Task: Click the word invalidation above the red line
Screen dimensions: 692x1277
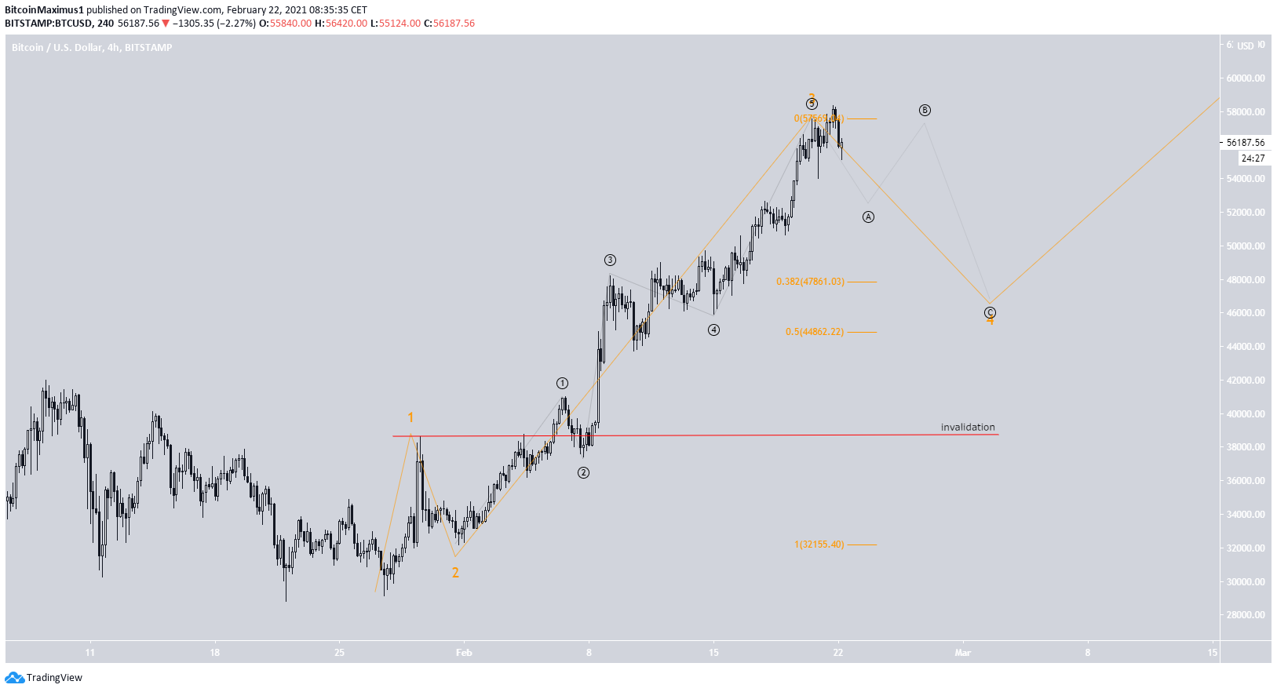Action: [967, 428]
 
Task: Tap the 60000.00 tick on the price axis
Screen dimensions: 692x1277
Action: [1246, 78]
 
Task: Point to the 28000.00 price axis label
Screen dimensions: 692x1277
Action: [1246, 615]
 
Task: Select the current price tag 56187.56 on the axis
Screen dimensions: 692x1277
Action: [1246, 143]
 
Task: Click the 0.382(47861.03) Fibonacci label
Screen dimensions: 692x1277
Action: [810, 282]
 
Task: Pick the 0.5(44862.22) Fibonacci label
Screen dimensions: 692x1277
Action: [814, 332]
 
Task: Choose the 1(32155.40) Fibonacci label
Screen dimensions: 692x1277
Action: [819, 544]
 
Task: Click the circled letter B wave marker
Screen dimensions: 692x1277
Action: [925, 110]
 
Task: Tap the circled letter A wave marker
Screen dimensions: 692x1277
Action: [868, 217]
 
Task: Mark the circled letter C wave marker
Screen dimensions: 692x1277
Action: [990, 312]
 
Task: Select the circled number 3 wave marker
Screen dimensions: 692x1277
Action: [610, 260]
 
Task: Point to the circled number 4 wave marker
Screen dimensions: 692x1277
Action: [713, 330]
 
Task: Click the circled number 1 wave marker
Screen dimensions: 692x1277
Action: [562, 383]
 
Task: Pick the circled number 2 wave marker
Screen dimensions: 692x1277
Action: [583, 472]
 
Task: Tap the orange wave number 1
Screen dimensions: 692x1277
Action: [410, 417]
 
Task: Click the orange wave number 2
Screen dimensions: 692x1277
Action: [455, 573]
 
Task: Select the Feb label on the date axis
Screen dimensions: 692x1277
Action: [464, 653]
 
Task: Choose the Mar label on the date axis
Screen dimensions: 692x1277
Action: [962, 653]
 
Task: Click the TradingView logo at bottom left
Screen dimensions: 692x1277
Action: [44, 678]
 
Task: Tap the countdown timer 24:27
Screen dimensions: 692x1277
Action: [1253, 158]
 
